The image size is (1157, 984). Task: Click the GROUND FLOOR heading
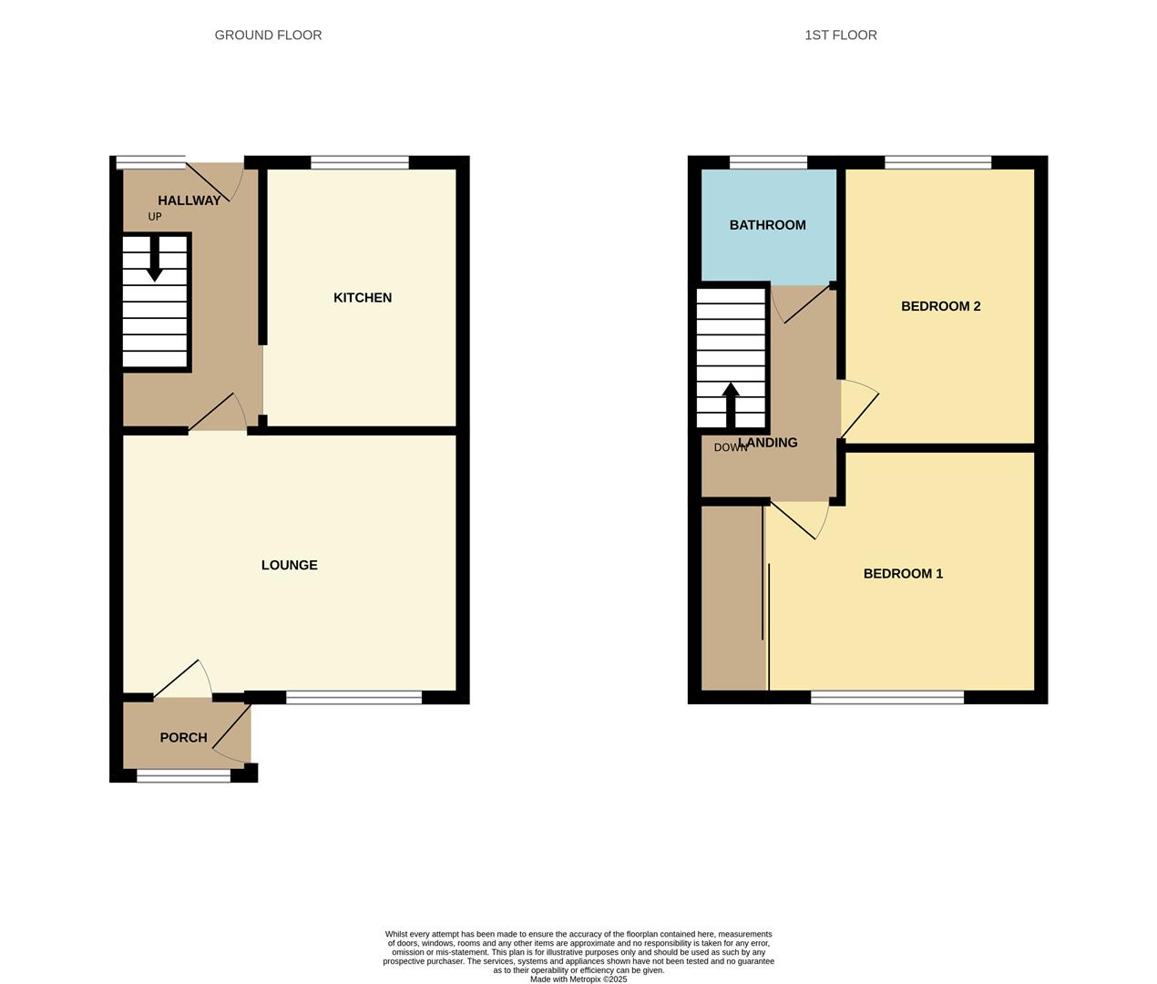tap(268, 36)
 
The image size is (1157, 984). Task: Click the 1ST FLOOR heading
tap(840, 36)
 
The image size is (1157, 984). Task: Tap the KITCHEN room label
tap(363, 298)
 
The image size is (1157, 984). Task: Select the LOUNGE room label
tap(289, 565)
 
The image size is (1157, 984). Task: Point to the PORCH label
tap(183, 738)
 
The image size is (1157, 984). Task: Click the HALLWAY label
tap(189, 200)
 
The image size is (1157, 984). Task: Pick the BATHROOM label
tap(767, 225)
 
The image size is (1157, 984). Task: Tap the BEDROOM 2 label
tap(940, 306)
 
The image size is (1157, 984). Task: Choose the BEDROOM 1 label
tap(903, 574)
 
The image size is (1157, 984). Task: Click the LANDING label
tap(768, 443)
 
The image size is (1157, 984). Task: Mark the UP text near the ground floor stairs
tap(155, 217)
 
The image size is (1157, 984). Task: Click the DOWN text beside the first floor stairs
tap(730, 447)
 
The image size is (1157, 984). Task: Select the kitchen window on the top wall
tap(360, 163)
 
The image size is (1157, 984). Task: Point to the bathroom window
tap(768, 163)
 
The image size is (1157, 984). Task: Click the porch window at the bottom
tap(184, 775)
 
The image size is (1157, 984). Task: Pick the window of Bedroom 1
tap(887, 698)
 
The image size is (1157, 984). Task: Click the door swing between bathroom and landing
tap(801, 303)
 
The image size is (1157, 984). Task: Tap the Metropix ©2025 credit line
tap(578, 979)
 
